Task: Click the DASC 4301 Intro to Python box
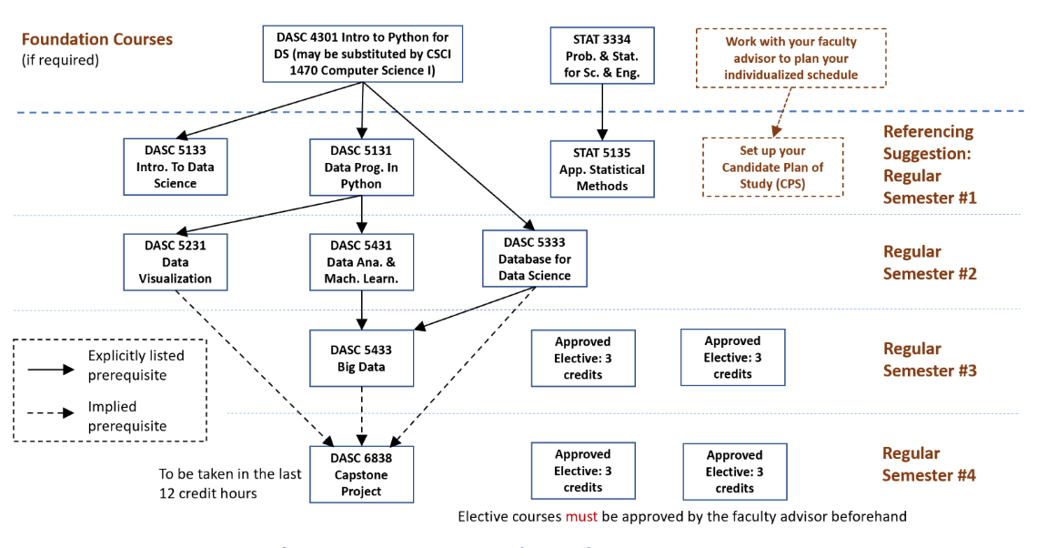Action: (363, 54)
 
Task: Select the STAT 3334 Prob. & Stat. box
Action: (602, 56)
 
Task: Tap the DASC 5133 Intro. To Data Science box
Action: (176, 167)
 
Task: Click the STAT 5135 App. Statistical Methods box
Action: (602, 168)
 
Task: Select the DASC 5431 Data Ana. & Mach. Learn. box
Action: (361, 261)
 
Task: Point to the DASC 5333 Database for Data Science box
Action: (534, 259)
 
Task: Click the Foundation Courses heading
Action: (97, 40)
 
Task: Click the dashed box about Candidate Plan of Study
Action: (772, 167)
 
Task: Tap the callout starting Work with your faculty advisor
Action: (790, 58)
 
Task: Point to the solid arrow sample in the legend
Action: (51, 369)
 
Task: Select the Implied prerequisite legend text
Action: (128, 416)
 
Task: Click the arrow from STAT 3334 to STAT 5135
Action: (602, 112)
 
